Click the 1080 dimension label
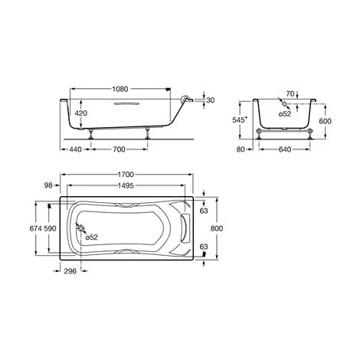click(x=120, y=89)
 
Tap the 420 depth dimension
click(x=81, y=113)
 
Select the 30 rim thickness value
click(x=211, y=100)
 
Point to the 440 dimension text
click(x=76, y=149)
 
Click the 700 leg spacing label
click(x=119, y=149)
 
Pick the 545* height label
click(x=240, y=120)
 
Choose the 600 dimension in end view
click(x=325, y=121)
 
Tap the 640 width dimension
click(x=285, y=149)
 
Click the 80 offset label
click(x=241, y=149)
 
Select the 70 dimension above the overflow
click(x=290, y=93)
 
